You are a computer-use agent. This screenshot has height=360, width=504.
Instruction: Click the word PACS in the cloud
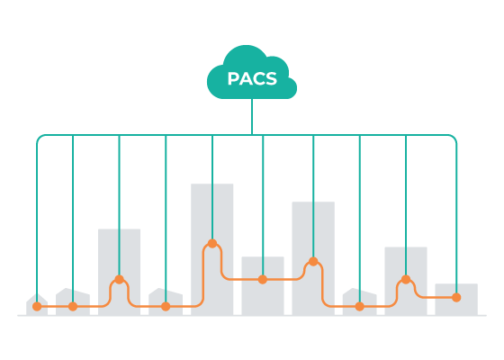point(252,79)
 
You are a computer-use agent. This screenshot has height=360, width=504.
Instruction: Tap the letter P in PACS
point(233,79)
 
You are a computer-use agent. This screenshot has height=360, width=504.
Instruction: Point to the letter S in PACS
point(271,79)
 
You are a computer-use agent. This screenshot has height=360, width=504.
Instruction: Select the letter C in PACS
point(258,79)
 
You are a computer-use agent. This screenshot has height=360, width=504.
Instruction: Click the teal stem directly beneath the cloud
point(252,116)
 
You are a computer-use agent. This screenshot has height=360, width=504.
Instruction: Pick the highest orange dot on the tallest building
point(212,243)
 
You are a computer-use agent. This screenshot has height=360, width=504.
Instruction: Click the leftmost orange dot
point(37,306)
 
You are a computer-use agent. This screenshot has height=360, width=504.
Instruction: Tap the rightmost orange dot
point(456,298)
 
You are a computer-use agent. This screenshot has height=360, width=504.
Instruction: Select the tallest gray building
point(212,249)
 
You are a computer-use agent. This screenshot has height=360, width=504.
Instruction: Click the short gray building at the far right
point(456,299)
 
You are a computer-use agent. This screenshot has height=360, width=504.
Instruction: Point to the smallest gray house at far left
point(37,304)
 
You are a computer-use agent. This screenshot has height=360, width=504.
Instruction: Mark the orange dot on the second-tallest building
point(313,261)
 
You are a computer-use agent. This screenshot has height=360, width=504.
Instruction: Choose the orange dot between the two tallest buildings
point(263,279)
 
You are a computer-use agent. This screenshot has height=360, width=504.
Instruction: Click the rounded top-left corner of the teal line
point(39,137)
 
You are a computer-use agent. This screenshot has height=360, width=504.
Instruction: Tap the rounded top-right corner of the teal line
point(454,137)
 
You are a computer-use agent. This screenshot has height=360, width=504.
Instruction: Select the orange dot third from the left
point(119,279)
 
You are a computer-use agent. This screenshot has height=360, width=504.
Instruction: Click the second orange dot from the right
point(406,279)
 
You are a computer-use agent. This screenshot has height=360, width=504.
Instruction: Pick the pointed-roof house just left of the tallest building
point(166,301)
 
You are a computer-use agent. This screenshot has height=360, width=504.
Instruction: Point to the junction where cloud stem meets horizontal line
point(252,135)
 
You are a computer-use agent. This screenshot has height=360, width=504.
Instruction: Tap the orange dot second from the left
point(73,306)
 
